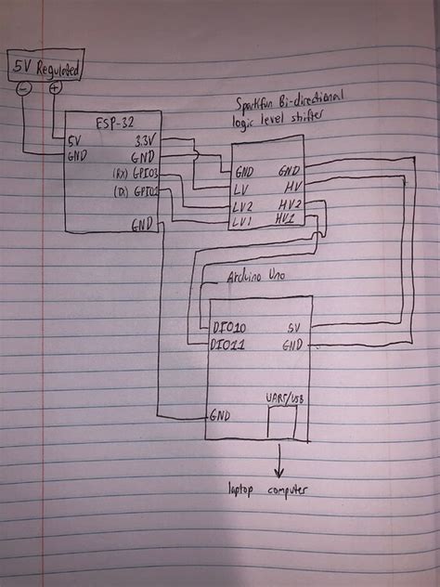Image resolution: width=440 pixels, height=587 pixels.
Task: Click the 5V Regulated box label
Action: pyautogui.click(x=45, y=68)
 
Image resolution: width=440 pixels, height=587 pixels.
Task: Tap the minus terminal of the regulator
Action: pyautogui.click(x=24, y=88)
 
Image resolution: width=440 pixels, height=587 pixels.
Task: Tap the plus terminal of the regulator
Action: pyautogui.click(x=55, y=88)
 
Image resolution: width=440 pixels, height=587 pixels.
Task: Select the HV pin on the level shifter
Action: pyautogui.click(x=288, y=188)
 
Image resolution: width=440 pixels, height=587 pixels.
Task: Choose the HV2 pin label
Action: pyautogui.click(x=288, y=204)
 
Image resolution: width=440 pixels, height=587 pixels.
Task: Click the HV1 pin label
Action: pyautogui.click(x=286, y=220)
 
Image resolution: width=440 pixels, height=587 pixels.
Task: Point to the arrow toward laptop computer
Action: pyautogui.click(x=279, y=459)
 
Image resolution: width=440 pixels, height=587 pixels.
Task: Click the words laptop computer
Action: pyautogui.click(x=268, y=489)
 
